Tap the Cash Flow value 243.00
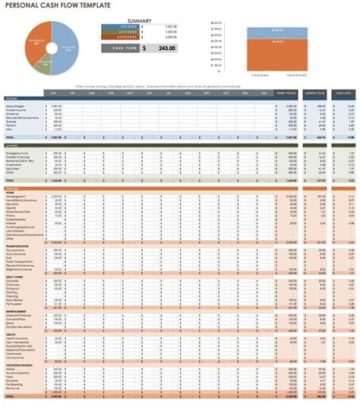[x=166, y=48]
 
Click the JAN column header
[x=55, y=93]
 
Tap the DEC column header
[x=264, y=93]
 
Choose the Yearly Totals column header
[x=287, y=93]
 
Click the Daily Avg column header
[x=342, y=93]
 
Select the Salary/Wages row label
[x=17, y=106]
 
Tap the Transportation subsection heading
[x=19, y=245]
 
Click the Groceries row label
[x=16, y=280]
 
